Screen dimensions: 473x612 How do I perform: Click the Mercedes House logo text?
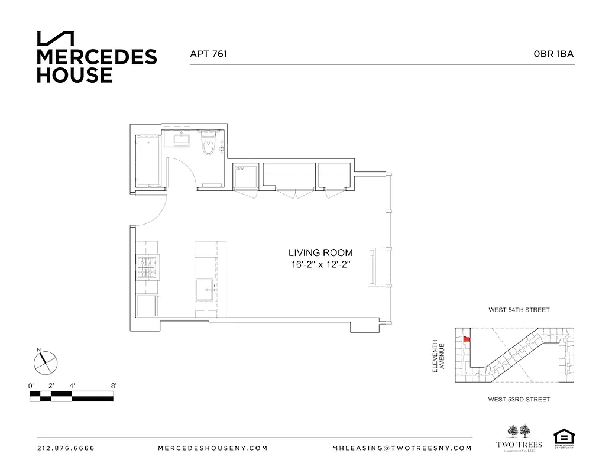(x=96, y=66)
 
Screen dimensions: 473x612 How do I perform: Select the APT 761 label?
(x=208, y=54)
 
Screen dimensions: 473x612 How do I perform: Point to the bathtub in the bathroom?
(x=148, y=161)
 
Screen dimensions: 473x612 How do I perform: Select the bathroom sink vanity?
(x=181, y=140)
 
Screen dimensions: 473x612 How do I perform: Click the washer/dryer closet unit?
(x=245, y=176)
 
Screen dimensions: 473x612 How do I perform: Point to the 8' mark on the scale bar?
(x=113, y=385)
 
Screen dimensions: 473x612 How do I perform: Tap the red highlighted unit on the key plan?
(x=466, y=339)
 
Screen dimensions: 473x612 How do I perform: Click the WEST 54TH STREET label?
(x=519, y=310)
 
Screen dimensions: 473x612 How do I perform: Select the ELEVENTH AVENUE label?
(x=438, y=355)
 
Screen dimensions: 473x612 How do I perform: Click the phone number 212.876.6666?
(x=66, y=448)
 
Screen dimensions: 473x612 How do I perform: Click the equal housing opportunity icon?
(x=564, y=439)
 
